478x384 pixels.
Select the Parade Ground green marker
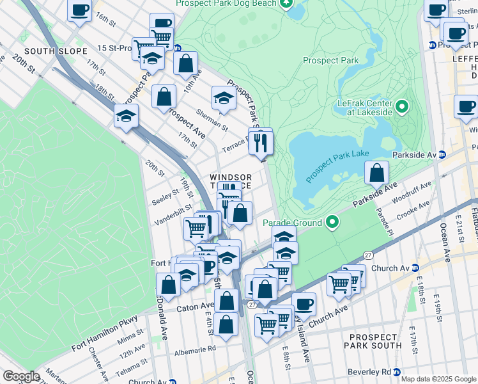tap(332, 223)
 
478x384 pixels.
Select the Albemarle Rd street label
tap(193, 349)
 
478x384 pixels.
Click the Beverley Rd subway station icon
tap(397, 372)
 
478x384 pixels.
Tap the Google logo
tap(21, 376)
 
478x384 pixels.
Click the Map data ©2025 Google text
tap(438, 379)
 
